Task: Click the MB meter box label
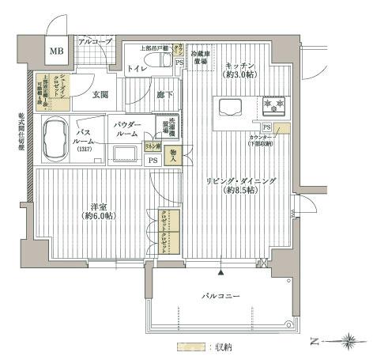pyautogui.click(x=59, y=52)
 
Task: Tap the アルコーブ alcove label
pyautogui.click(x=96, y=40)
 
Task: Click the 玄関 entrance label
pyautogui.click(x=100, y=94)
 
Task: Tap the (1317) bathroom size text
pyautogui.click(x=85, y=150)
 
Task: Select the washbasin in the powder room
pyautogui.click(x=125, y=153)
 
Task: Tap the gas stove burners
pyautogui.click(x=277, y=104)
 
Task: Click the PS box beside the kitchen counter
pyautogui.click(x=267, y=128)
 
